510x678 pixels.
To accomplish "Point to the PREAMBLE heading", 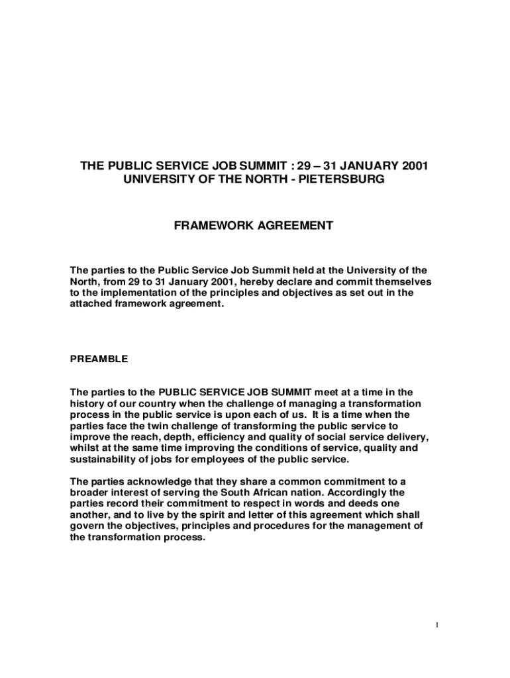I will (99, 359).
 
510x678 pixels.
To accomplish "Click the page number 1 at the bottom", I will (438, 625).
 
